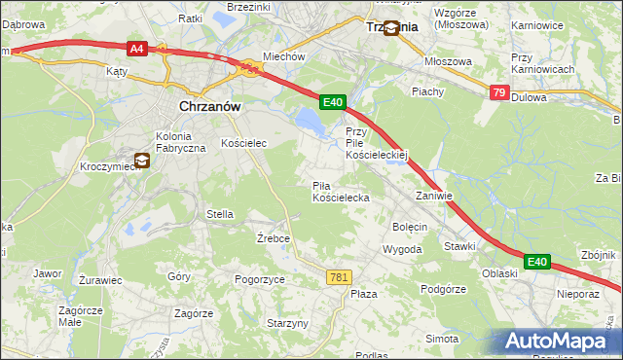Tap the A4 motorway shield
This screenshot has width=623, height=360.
(x=136, y=47)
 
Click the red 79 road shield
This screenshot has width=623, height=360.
(x=499, y=92)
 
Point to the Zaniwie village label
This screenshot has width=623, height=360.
(x=434, y=196)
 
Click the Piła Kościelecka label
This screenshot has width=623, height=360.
(x=340, y=192)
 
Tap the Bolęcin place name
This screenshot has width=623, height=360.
(x=410, y=227)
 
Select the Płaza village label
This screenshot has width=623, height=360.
(x=364, y=294)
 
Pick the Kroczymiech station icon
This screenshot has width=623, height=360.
(x=142, y=161)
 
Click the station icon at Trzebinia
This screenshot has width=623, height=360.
(x=391, y=28)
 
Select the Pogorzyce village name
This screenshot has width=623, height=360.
(x=260, y=279)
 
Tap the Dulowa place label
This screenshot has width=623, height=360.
(x=528, y=97)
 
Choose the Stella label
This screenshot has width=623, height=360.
(x=219, y=214)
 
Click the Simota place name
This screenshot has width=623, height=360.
(x=442, y=338)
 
